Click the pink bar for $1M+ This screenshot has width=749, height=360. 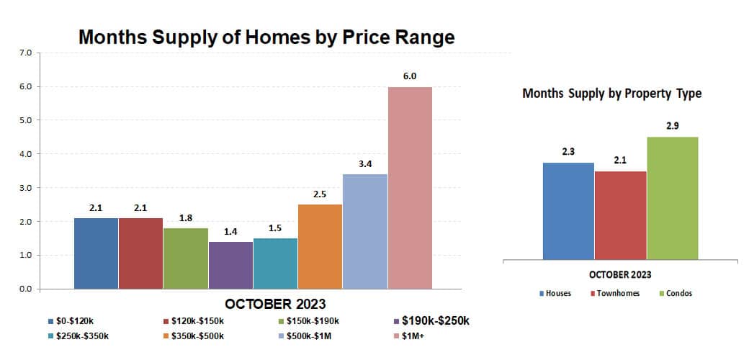[410, 188]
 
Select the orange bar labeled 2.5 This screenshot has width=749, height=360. [320, 246]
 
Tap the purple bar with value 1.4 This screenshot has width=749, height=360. [230, 265]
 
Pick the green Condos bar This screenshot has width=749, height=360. [672, 197]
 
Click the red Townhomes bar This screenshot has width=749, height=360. [620, 215]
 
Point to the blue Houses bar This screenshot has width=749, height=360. [568, 210]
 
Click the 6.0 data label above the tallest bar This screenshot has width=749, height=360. [410, 76]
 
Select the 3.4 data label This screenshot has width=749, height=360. [364, 163]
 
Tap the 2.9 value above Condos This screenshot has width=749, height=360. [672, 125]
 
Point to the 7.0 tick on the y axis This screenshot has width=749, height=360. [26, 53]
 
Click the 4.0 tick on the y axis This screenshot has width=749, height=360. [26, 154]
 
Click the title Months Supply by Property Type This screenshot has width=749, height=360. [611, 94]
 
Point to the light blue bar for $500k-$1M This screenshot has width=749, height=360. [364, 231]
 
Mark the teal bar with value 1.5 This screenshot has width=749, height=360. [275, 264]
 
